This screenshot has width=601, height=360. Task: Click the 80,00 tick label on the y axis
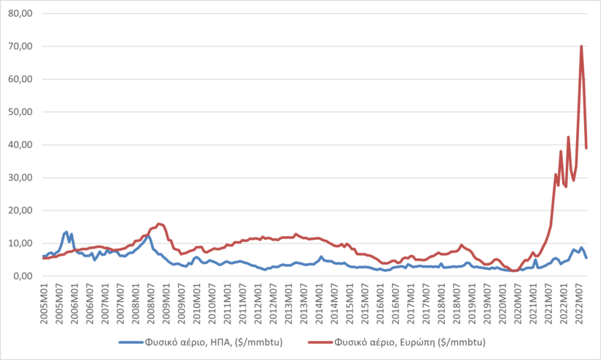point(22,13)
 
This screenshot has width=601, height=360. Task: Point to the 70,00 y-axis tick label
point(22,46)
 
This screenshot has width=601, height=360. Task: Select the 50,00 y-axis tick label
point(22,111)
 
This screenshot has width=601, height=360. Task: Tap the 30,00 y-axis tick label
point(22,177)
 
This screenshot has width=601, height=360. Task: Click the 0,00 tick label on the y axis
point(24,276)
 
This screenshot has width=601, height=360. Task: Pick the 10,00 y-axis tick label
point(22,243)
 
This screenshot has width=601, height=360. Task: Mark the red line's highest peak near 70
point(581,46)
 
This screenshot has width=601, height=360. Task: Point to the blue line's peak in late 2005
point(67,232)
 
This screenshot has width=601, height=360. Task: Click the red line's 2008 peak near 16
point(158,224)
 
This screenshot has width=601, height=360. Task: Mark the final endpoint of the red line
point(586,148)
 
